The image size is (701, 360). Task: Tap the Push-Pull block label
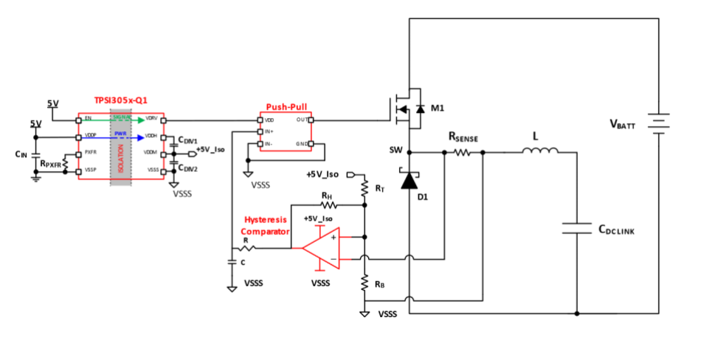tap(286, 107)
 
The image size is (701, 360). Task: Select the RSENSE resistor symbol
tap(463, 153)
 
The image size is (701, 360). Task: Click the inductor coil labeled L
tap(539, 152)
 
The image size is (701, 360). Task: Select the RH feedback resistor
tap(327, 206)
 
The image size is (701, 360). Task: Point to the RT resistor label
tap(380, 189)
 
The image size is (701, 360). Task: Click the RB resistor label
tap(379, 284)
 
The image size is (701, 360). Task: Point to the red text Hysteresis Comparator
tap(266, 225)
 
